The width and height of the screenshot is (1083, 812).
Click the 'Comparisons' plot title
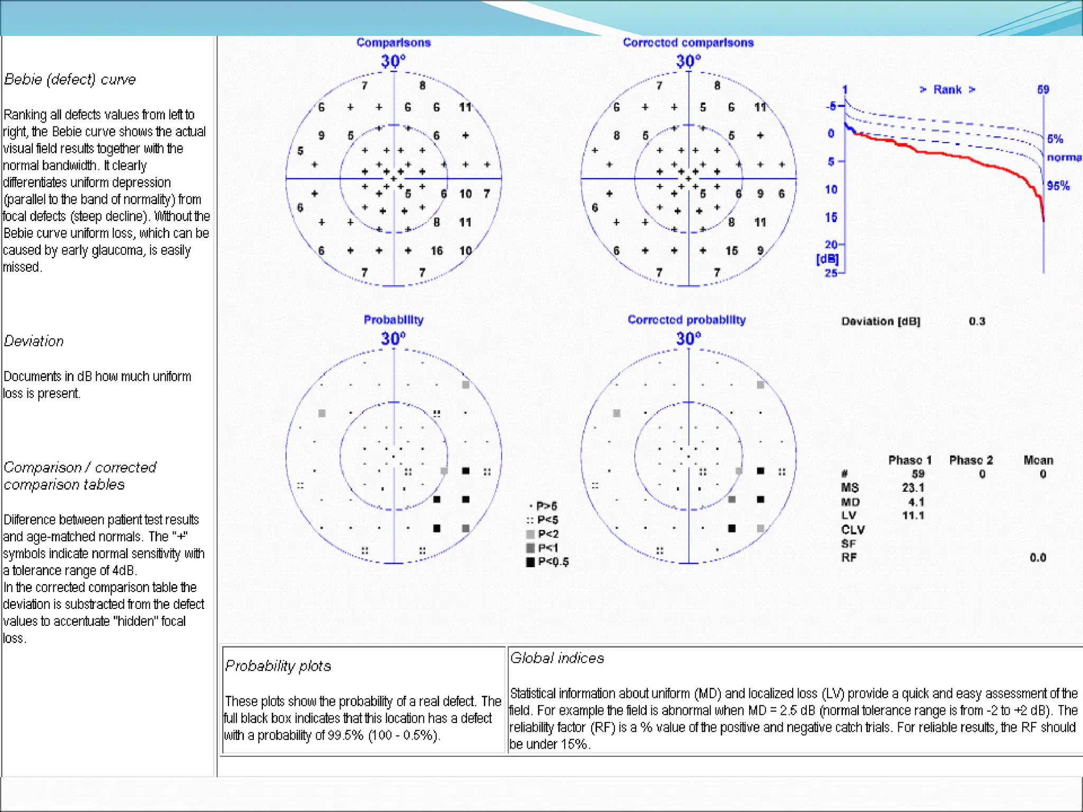click(393, 43)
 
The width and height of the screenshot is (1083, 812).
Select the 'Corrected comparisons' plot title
click(688, 43)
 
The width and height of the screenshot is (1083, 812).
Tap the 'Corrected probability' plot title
click(686, 320)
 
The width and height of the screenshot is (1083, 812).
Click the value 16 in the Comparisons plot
click(437, 251)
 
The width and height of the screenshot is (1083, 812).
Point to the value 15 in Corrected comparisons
click(731, 251)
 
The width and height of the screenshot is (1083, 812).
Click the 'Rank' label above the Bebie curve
click(947, 90)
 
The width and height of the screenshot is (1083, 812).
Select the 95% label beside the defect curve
click(1058, 186)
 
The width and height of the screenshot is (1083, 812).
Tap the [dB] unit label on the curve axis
click(827, 259)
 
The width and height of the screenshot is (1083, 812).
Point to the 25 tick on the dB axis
click(831, 273)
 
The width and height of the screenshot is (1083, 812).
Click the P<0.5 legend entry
click(547, 562)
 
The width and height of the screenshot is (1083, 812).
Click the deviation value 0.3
click(977, 321)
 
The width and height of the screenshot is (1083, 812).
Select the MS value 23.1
click(913, 487)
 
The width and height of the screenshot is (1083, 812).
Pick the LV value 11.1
click(913, 515)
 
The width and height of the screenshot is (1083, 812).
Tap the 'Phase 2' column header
click(971, 460)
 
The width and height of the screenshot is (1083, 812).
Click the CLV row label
click(852, 530)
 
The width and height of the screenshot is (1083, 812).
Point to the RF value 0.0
click(1038, 558)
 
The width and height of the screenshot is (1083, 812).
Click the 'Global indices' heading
click(557, 658)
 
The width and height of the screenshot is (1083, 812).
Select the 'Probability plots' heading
click(278, 666)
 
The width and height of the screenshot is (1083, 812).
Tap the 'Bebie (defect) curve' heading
click(70, 79)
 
